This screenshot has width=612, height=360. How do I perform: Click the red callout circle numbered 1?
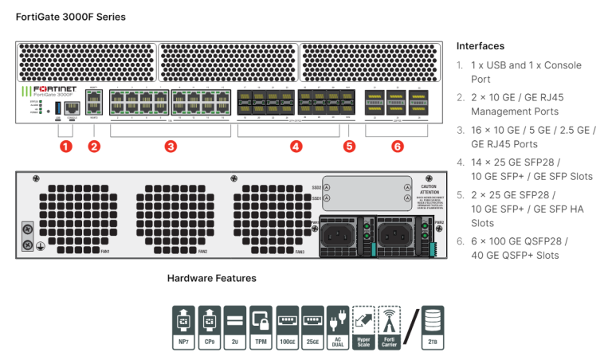(x=66, y=147)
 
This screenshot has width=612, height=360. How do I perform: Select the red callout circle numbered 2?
(x=94, y=147)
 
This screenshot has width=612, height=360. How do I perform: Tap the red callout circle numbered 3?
(x=170, y=147)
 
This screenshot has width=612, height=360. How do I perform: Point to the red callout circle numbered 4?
(x=296, y=147)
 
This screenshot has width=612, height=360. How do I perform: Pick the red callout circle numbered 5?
(x=348, y=147)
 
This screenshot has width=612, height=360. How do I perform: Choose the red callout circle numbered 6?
(x=397, y=147)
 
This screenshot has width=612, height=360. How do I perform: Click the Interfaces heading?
(x=480, y=46)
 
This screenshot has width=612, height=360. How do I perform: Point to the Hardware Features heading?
(x=211, y=279)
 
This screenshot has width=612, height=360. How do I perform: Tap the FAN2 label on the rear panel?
(x=203, y=252)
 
